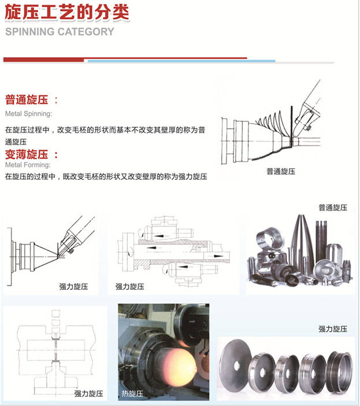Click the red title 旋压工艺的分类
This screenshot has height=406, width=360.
pyautogui.click(x=67, y=12)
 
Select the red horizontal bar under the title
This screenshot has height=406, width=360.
pyautogui.click(x=125, y=59)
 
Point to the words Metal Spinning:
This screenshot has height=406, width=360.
pyautogui.click(x=28, y=113)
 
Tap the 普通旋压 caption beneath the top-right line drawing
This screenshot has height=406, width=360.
pyautogui.click(x=280, y=171)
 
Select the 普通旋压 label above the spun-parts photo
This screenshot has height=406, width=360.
pyautogui.click(x=332, y=207)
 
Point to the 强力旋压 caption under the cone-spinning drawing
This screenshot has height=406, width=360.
pyautogui.click(x=73, y=286)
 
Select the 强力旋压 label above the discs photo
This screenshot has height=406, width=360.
pyautogui.click(x=332, y=329)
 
